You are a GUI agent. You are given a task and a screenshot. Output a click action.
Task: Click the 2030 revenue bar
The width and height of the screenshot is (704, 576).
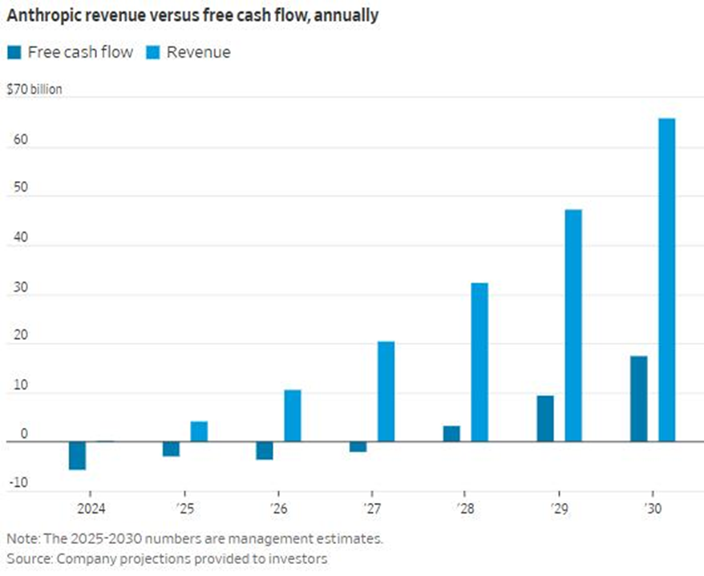pos(666,280)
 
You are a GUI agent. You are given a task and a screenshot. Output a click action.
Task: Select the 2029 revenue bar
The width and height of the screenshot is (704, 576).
pos(573,325)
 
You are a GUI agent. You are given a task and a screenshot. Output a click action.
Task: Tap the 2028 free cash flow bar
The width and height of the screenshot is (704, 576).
pos(451,433)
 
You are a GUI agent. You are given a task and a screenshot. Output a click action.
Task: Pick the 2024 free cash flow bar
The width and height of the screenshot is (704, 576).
pos(77,455)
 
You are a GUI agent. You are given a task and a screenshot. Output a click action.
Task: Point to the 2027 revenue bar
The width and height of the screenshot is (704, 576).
pos(386,391)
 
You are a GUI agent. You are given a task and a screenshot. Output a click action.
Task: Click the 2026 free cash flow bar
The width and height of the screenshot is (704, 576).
pos(265,450)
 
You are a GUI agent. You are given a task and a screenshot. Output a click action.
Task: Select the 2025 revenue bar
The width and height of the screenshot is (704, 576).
pos(199,431)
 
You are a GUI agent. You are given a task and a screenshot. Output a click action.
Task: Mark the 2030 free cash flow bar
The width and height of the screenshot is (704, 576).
pos(638,398)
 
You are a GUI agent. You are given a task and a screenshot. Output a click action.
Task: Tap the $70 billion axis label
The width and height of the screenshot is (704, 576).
pos(34,90)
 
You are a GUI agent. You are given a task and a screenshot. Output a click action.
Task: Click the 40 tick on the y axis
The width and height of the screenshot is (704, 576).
pos(17,246)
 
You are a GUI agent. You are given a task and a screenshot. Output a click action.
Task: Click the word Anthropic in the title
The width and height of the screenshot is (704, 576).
pos(40,15)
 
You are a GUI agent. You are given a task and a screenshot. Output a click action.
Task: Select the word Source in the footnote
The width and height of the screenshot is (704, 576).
pos(27,558)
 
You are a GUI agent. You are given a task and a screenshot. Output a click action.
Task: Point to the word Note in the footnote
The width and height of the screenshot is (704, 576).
pos(22,538)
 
